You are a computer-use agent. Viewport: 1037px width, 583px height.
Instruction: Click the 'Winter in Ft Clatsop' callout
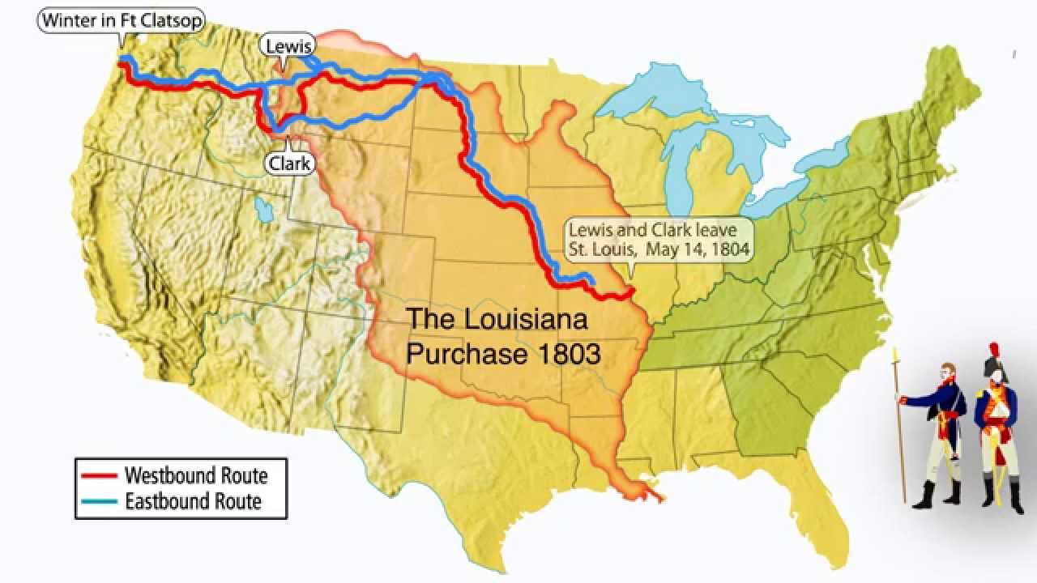coord(121,20)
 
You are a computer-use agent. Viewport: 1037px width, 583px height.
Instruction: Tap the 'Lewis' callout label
coord(288,46)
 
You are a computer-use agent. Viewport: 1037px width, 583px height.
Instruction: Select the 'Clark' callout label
coord(290,164)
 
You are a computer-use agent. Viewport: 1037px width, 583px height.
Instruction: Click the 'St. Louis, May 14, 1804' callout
coord(659,239)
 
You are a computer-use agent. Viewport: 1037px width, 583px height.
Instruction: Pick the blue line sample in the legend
coord(97,501)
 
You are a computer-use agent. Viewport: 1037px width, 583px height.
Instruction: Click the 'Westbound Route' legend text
coord(195,474)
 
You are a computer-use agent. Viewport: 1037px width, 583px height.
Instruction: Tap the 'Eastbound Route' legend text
coord(193,501)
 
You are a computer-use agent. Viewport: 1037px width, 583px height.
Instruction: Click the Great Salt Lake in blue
coord(263,212)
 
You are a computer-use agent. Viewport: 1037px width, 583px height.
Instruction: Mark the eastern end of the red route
coord(632,291)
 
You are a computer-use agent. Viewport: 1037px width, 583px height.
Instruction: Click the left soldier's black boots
coord(936,494)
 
